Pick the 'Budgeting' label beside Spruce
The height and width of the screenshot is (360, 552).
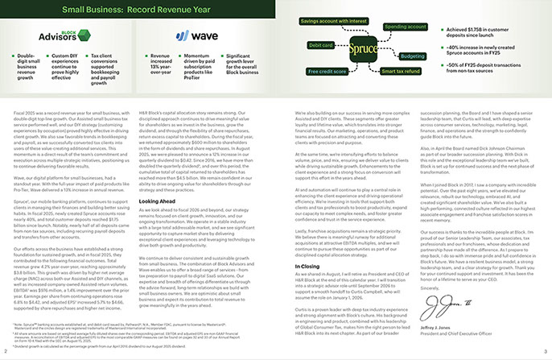click(x=412, y=56)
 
